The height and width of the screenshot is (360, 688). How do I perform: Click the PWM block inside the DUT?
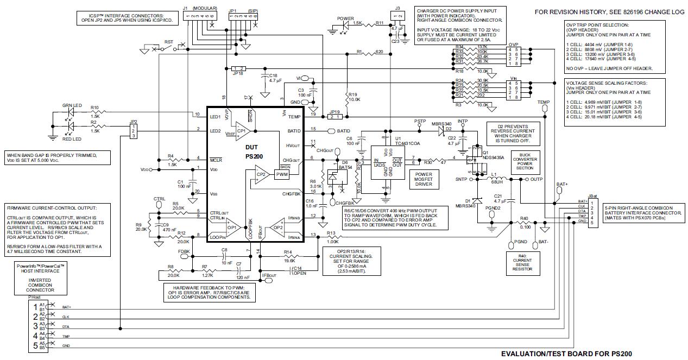pos(282,174)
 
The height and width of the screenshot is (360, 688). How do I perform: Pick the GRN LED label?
pos(71,105)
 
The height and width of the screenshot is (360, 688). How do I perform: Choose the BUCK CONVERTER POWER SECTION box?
pos(525,161)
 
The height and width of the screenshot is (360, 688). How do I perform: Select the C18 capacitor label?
pos(273,75)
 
